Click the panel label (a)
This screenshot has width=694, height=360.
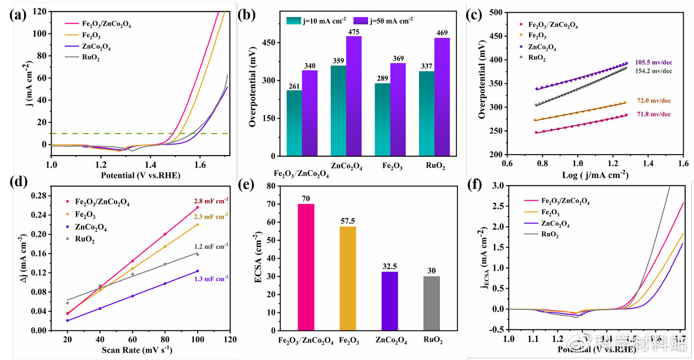[18, 15]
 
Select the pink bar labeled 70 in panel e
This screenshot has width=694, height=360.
[306, 267]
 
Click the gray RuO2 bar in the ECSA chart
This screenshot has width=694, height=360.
[432, 303]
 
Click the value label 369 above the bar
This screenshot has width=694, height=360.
[398, 58]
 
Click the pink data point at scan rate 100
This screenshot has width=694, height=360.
[197, 207]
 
